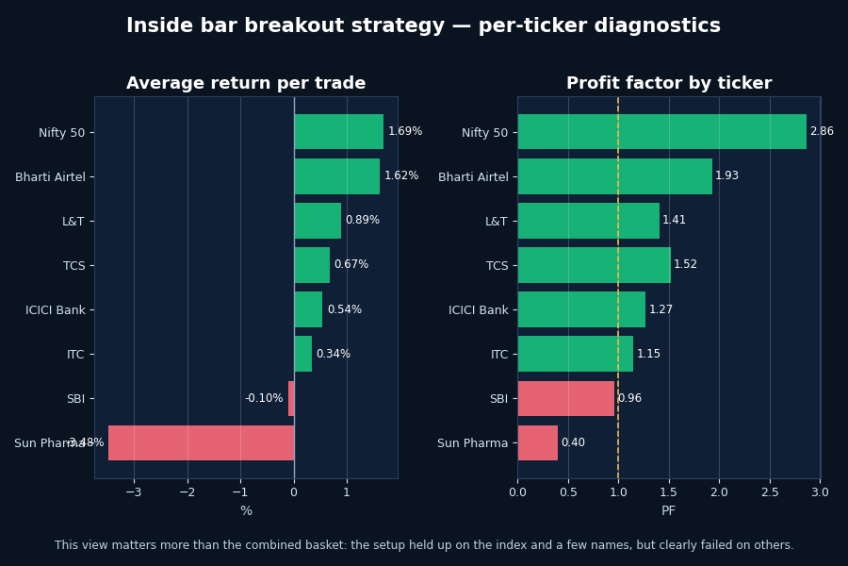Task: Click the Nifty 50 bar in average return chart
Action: click(x=338, y=132)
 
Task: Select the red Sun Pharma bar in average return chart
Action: click(x=201, y=442)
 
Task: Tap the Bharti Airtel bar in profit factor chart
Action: click(x=614, y=176)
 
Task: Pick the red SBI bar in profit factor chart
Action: click(x=565, y=398)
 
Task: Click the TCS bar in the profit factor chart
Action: click(x=594, y=265)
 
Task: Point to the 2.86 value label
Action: click(x=822, y=132)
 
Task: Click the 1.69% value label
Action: click(x=405, y=132)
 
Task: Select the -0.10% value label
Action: click(x=264, y=398)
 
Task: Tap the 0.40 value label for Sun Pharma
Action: click(x=573, y=442)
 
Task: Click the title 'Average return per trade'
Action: click(x=246, y=84)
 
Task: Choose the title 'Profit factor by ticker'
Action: click(x=669, y=84)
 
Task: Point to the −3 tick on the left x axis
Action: click(x=134, y=491)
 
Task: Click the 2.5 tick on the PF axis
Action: click(x=770, y=491)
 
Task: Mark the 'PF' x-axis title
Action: click(x=669, y=511)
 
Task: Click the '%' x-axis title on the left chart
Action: click(x=246, y=511)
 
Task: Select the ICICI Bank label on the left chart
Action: click(x=56, y=310)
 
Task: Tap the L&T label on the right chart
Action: click(x=496, y=222)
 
